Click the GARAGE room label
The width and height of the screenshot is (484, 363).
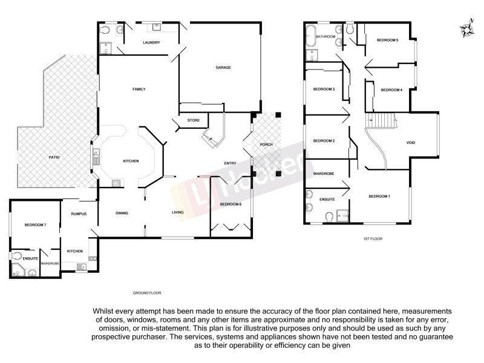[224, 67]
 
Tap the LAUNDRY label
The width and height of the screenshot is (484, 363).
[151, 43]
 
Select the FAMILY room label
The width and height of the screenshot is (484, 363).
[139, 89]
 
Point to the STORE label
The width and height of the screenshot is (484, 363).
[193, 120]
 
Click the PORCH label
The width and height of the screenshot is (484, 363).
[266, 145]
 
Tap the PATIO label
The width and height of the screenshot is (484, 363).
[54, 157]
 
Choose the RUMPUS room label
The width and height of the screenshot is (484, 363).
[79, 213]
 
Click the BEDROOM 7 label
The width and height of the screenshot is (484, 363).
[36, 225]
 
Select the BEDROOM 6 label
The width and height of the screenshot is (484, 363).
[231, 204]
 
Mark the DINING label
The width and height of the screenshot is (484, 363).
[123, 212]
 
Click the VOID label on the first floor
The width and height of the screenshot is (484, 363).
[410, 143]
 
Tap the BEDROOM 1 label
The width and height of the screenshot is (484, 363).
[380, 197]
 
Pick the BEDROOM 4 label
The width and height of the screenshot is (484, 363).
[391, 90]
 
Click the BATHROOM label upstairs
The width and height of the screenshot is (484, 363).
[325, 36]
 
